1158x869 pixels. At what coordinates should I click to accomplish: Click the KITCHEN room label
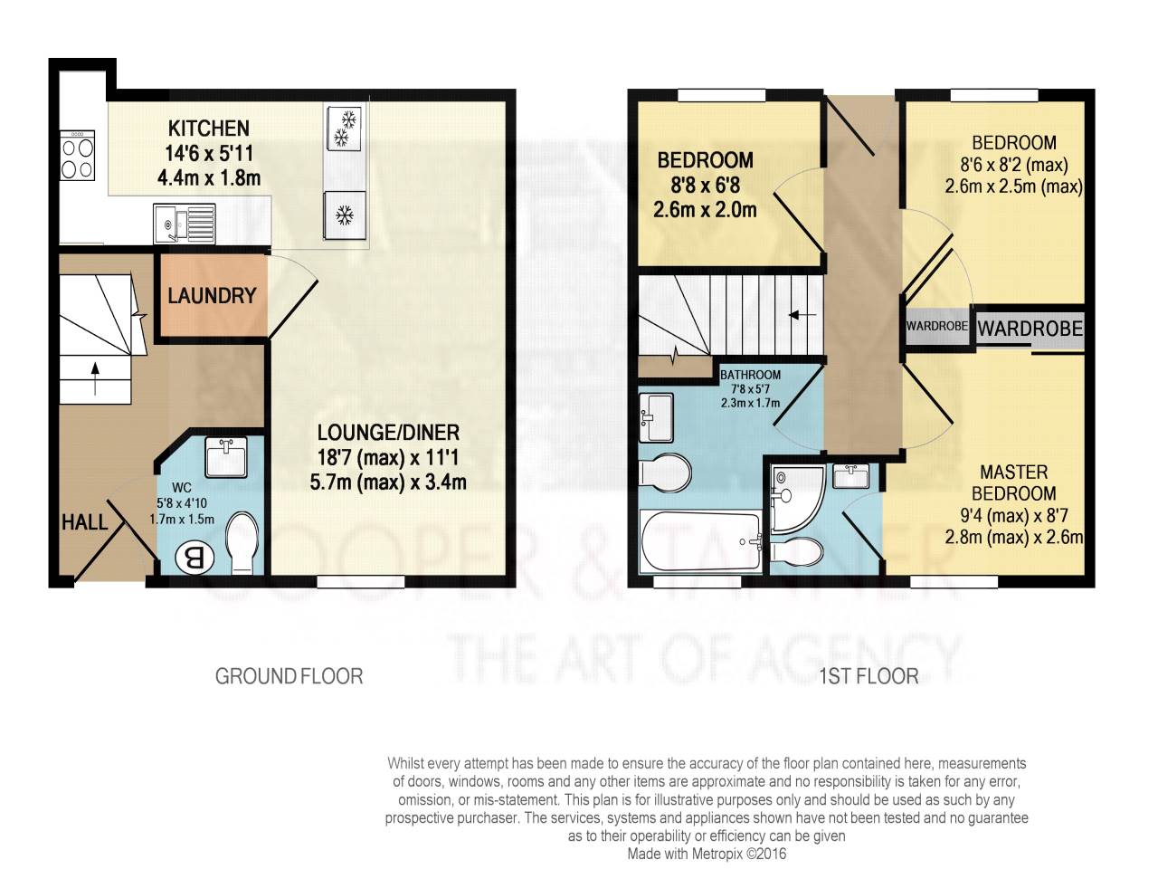[x=209, y=129]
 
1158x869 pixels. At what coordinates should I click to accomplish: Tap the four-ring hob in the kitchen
[x=77, y=156]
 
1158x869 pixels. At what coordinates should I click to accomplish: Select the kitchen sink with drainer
[x=185, y=224]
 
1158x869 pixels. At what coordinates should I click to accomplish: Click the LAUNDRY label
[x=212, y=296]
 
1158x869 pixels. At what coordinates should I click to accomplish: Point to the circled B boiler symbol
[x=195, y=558]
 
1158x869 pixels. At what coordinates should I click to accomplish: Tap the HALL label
[x=84, y=522]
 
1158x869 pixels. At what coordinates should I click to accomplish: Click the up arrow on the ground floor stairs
[x=95, y=378]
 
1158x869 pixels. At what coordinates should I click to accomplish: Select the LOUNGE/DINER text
[x=388, y=433]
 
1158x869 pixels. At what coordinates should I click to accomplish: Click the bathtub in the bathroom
[x=700, y=541]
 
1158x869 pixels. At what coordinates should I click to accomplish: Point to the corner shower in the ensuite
[x=797, y=499]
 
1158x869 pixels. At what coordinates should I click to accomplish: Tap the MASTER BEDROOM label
[x=1013, y=482]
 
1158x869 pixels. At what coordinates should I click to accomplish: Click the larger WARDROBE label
[x=1030, y=329]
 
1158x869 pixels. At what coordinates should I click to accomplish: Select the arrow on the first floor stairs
[x=802, y=315]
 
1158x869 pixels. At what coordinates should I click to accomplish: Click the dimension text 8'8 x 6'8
[x=706, y=186]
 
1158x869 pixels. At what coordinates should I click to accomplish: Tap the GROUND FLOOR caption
[x=289, y=676]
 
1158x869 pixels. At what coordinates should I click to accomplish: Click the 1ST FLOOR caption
[x=868, y=676]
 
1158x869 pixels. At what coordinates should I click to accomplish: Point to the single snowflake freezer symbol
[x=345, y=215]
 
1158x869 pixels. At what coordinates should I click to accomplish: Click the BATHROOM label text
[x=750, y=375]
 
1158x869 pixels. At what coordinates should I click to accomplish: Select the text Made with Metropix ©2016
[x=707, y=854]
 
